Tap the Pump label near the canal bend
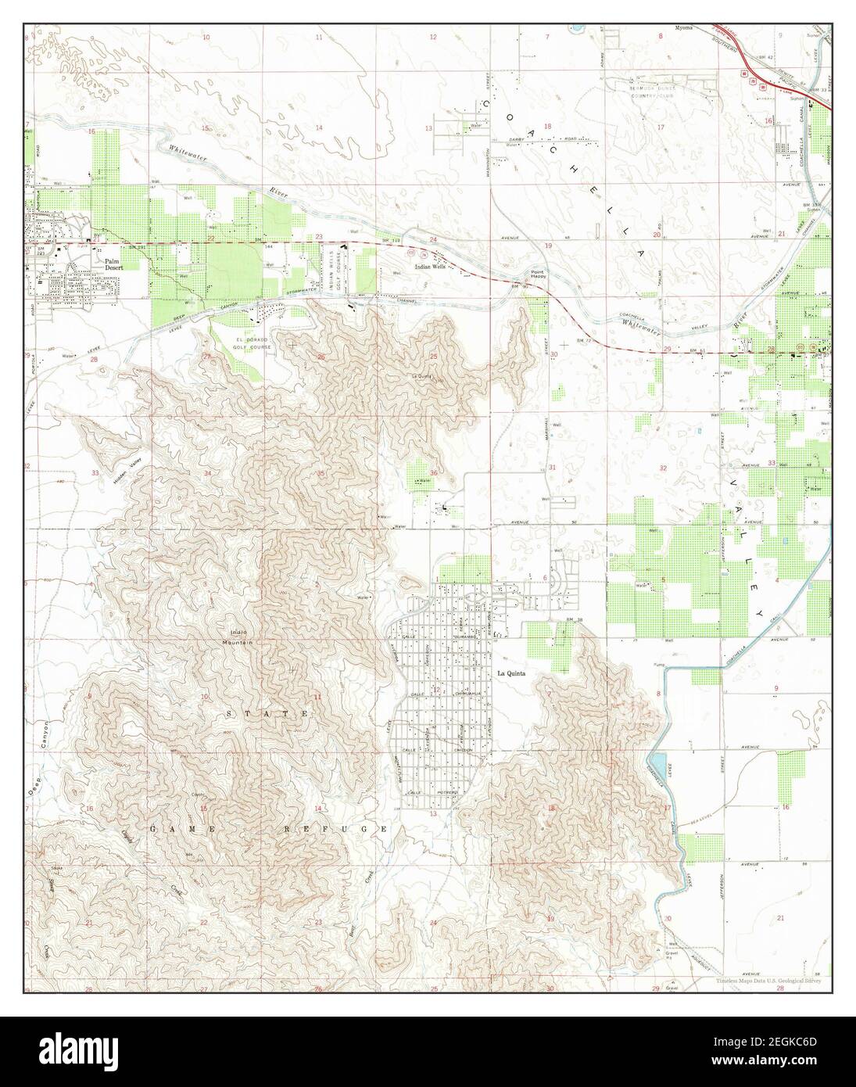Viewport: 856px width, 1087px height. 657,664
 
